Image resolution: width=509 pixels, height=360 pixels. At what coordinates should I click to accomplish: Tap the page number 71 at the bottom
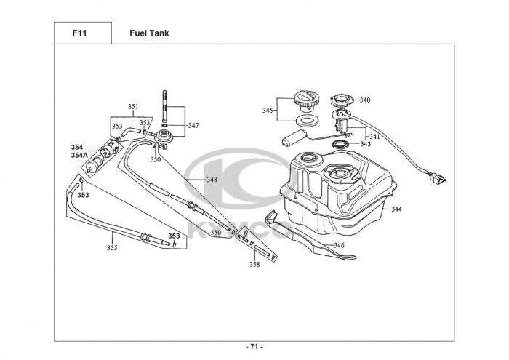(x=254, y=346)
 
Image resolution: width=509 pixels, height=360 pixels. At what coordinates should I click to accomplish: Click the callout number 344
(x=396, y=209)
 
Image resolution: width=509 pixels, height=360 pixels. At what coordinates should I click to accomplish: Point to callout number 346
(x=339, y=245)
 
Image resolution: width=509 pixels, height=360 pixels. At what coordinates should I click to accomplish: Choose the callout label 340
(x=364, y=100)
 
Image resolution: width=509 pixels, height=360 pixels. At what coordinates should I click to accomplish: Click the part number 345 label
(x=268, y=111)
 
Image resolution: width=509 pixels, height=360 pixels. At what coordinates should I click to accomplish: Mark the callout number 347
(x=193, y=126)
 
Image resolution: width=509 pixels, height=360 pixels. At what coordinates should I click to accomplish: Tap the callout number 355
(x=112, y=248)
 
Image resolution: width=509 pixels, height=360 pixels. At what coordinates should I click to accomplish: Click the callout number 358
(x=254, y=265)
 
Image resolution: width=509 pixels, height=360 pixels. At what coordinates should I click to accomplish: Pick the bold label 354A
(x=80, y=156)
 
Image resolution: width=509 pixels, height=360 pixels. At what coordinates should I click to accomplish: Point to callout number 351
(x=133, y=107)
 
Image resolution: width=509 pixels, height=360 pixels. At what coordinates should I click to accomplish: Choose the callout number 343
(x=365, y=144)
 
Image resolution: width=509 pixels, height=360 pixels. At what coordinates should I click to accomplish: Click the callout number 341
(x=374, y=137)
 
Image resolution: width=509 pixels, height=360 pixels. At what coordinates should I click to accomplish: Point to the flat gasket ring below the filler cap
(x=307, y=119)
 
